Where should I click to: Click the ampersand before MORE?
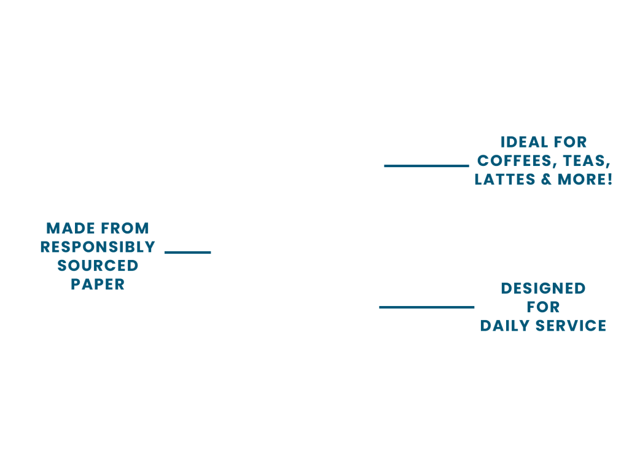[546, 180]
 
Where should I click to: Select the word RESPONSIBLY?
[98, 247]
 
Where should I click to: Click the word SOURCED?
[98, 266]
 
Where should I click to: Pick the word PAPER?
[98, 285]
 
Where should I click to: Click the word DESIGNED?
[543, 288]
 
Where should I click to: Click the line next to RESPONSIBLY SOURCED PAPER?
[187, 252]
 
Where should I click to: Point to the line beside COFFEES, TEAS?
[426, 166]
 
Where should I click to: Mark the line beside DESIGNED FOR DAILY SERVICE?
[427, 307]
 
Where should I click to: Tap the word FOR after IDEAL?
[569, 143]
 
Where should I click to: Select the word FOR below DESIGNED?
[543, 307]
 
